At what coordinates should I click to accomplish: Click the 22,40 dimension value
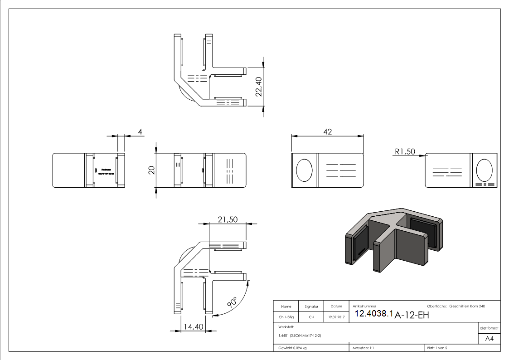point(259,86)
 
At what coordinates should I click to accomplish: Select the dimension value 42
point(327,131)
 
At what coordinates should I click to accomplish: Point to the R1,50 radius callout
point(404,152)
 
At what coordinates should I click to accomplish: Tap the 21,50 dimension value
point(228,219)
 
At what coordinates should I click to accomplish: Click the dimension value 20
point(151,170)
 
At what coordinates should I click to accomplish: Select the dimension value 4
point(141,131)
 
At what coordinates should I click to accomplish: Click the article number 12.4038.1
point(373,314)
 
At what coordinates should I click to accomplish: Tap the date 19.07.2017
point(336,317)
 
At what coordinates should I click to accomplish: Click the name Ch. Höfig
point(286,317)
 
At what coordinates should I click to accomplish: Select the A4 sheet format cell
point(489,338)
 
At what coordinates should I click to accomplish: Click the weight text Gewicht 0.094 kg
point(292,348)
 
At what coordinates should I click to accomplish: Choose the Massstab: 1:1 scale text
point(364,348)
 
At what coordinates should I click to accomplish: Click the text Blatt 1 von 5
point(437,348)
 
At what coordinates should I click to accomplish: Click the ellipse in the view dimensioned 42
point(304,170)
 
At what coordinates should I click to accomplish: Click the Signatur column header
point(311,306)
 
